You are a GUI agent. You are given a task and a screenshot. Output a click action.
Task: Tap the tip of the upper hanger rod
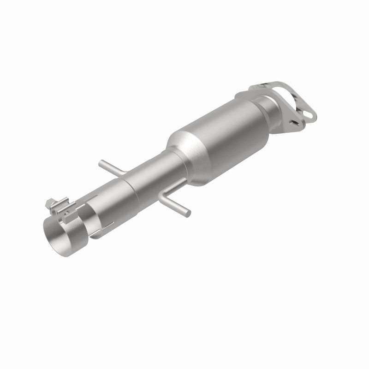point(100,162)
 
